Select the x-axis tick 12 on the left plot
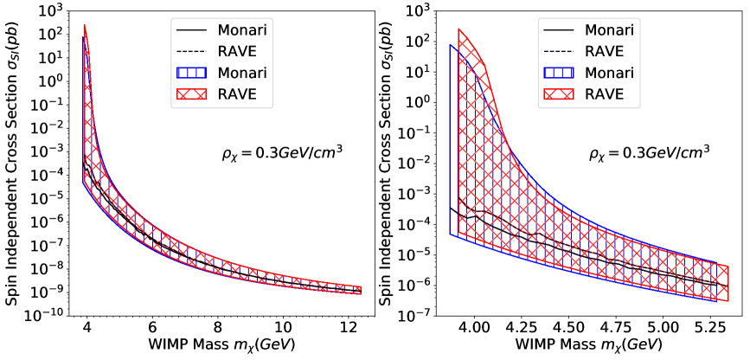point(348,329)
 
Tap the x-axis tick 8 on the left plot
point(217,329)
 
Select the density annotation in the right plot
point(649,151)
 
